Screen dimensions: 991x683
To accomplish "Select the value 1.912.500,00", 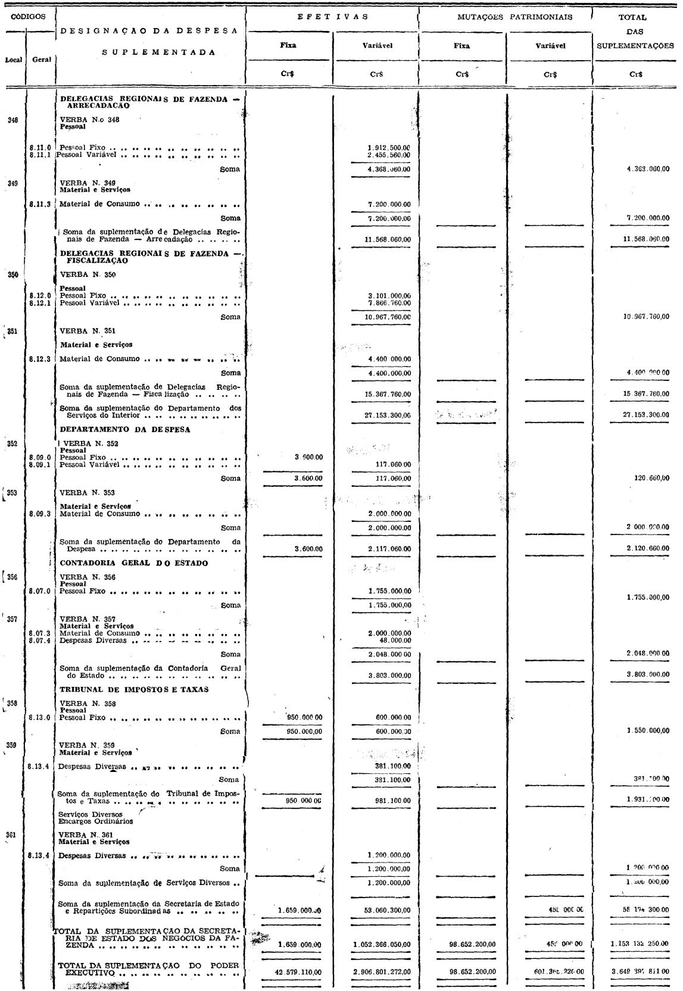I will [x=389, y=148].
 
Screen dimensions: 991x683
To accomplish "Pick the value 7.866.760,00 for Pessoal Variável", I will [x=389, y=302].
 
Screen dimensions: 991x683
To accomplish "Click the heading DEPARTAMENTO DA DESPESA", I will [x=125, y=430].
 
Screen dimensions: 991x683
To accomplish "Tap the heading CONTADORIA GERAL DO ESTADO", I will [x=134, y=564].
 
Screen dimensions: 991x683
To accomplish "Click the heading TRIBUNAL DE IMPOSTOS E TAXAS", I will [x=133, y=690].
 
